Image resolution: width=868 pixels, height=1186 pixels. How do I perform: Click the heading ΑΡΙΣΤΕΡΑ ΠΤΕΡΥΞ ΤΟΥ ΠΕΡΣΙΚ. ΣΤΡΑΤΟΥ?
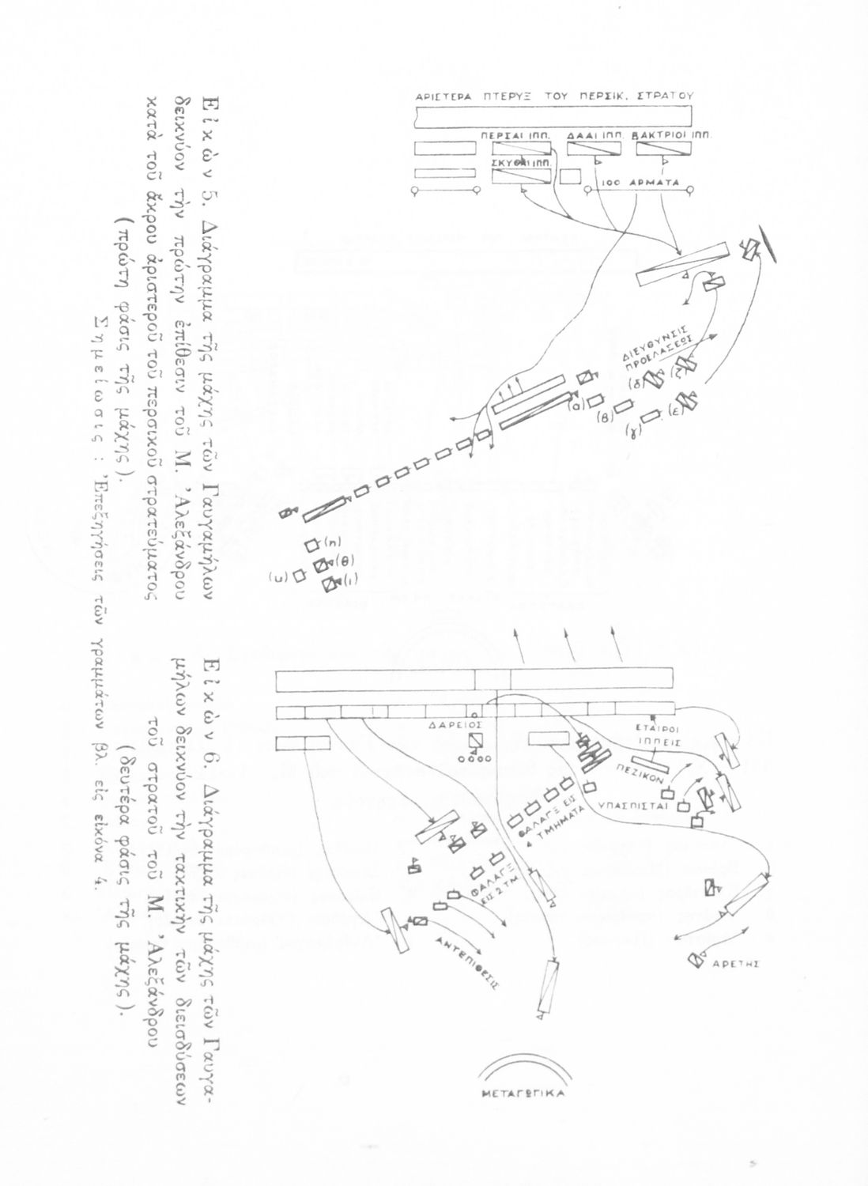[x=553, y=95]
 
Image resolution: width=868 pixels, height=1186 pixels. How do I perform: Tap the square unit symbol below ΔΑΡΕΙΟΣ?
[x=475, y=742]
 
